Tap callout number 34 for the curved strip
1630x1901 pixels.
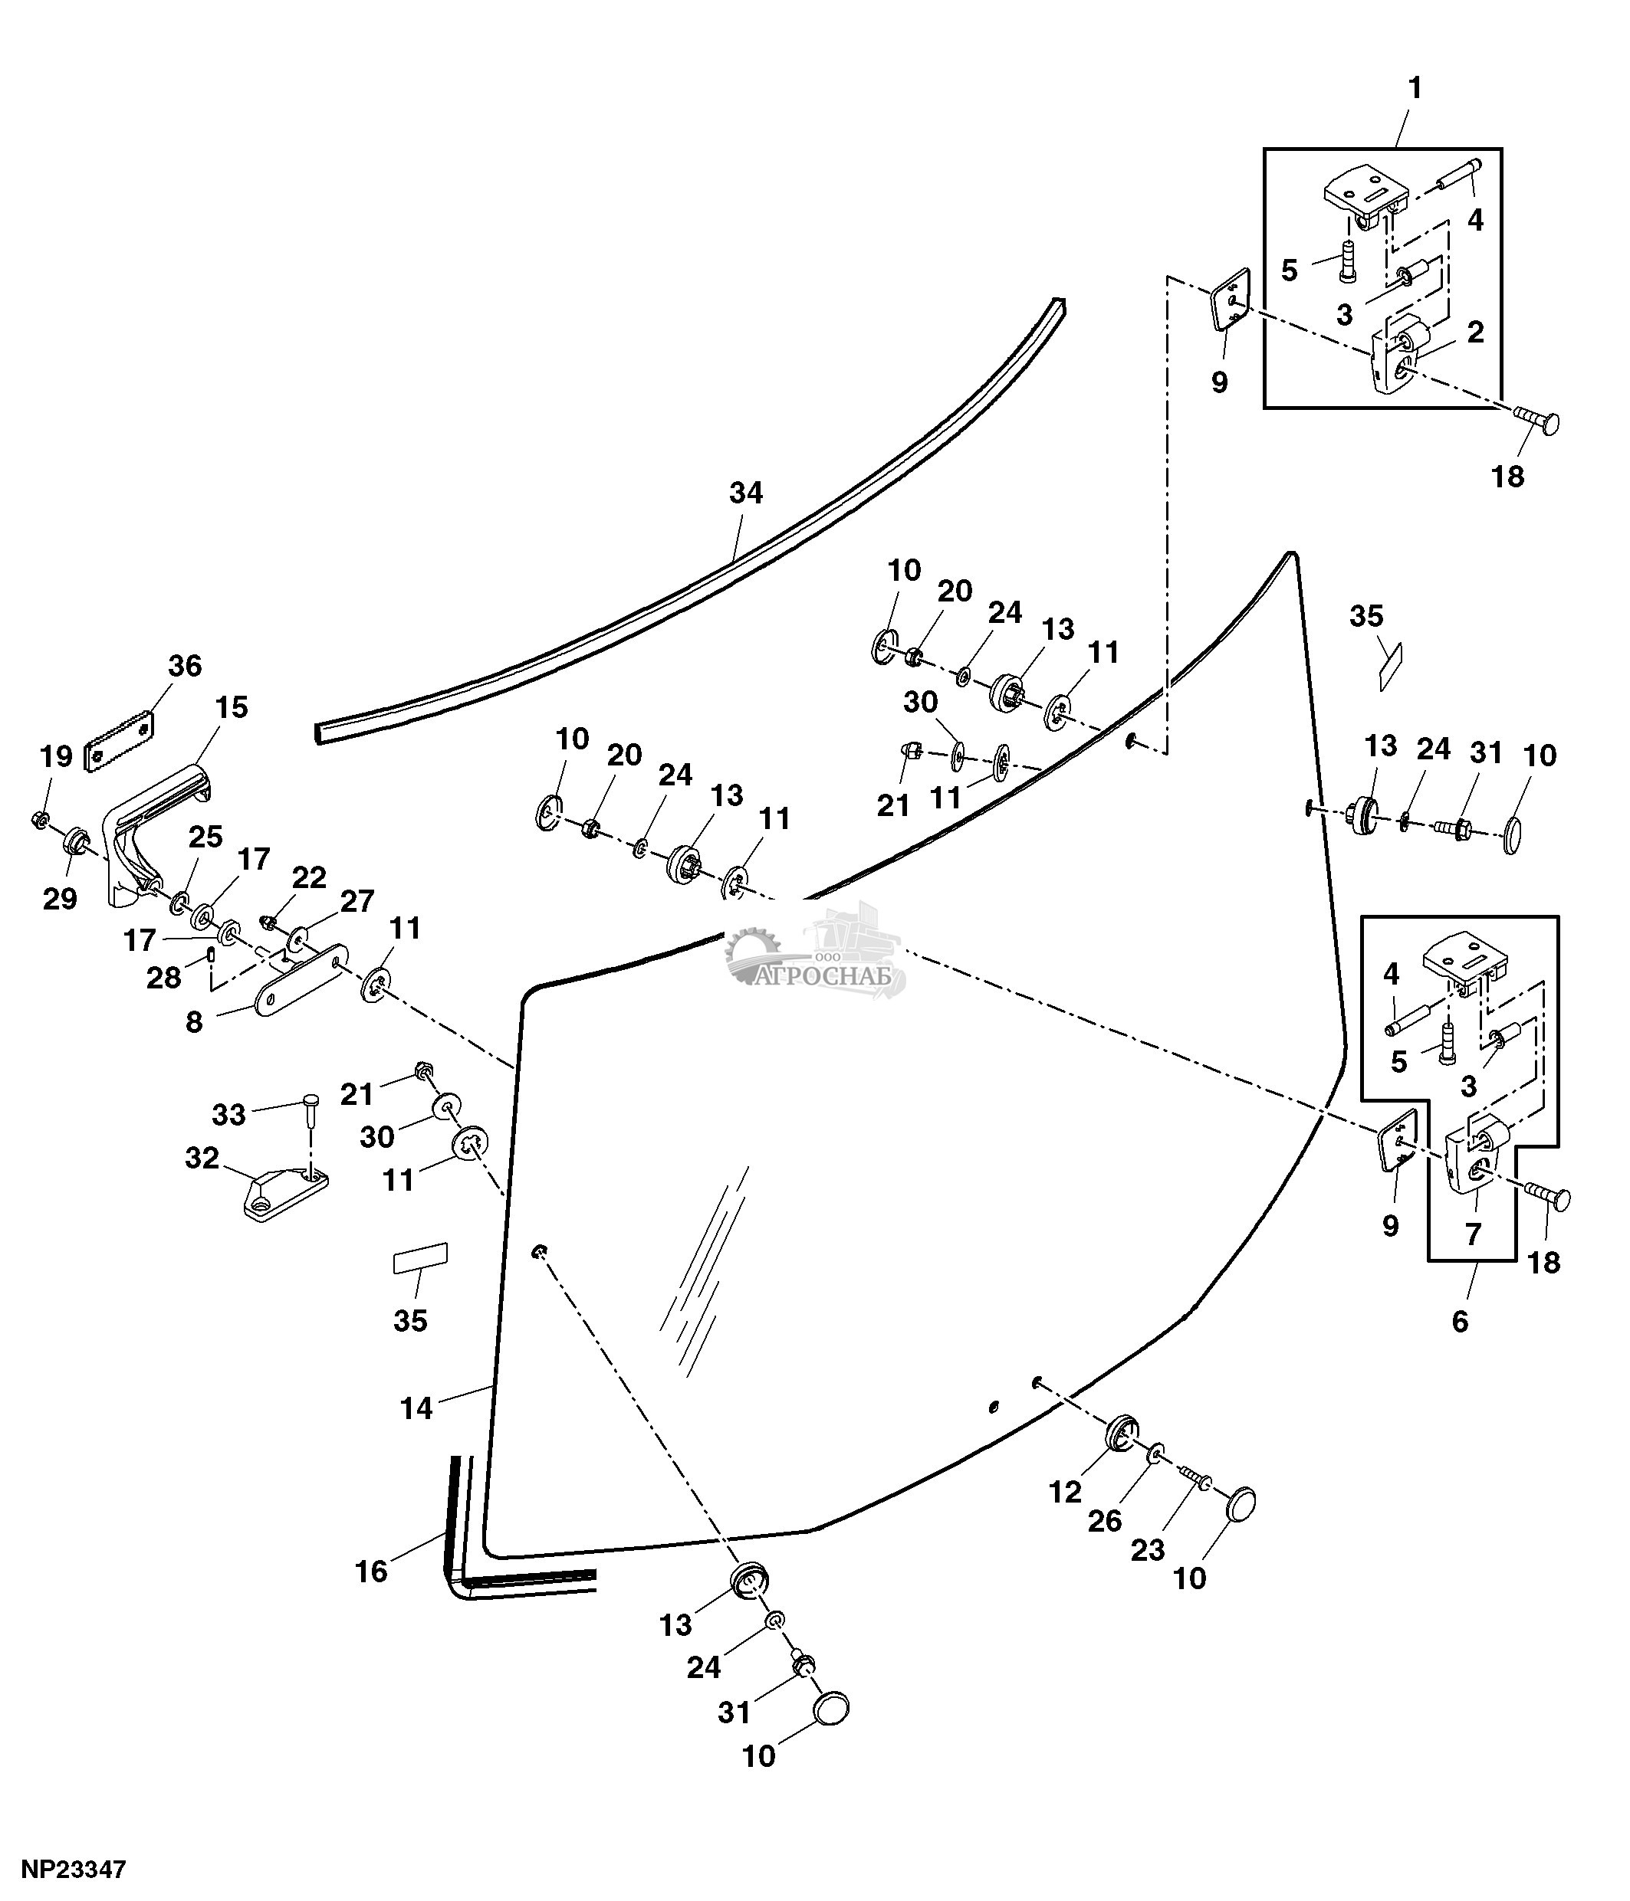click(x=745, y=493)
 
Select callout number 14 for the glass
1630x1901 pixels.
click(x=416, y=1408)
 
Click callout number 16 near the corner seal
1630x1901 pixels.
click(x=371, y=1572)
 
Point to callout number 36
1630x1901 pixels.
click(x=185, y=666)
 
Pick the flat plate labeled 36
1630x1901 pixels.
click(x=120, y=742)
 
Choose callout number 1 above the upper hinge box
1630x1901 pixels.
click(x=1415, y=88)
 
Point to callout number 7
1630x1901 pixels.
click(x=1472, y=1234)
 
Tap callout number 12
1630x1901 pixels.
click(x=1065, y=1493)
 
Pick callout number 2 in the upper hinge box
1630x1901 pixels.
click(x=1475, y=332)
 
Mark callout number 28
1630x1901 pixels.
click(x=163, y=978)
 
